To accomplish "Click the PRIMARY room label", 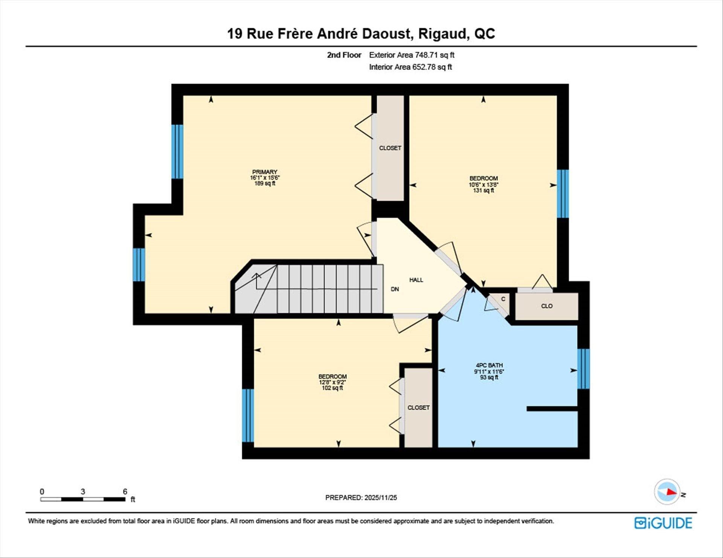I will [265, 172].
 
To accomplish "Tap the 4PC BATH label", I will [489, 365].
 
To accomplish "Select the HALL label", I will [416, 280].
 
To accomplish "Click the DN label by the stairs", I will [395, 289].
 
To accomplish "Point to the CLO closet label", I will [546, 306].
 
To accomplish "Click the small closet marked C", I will [503, 299].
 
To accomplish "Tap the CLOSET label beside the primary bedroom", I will [390, 148].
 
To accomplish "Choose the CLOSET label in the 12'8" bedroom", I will [418, 407].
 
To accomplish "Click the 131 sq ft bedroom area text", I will [484, 190].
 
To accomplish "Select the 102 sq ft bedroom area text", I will [332, 388].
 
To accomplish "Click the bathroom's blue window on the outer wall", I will [583, 369].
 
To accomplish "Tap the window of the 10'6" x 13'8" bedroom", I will [563, 194].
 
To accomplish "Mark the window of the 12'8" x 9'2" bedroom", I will [248, 415].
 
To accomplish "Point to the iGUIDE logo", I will [663, 523].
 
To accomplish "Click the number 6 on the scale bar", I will [125, 491].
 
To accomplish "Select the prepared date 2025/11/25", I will [380, 497].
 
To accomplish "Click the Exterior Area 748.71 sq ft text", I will [412, 55].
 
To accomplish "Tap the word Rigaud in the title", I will [443, 34].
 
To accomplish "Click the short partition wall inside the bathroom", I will [552, 409].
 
